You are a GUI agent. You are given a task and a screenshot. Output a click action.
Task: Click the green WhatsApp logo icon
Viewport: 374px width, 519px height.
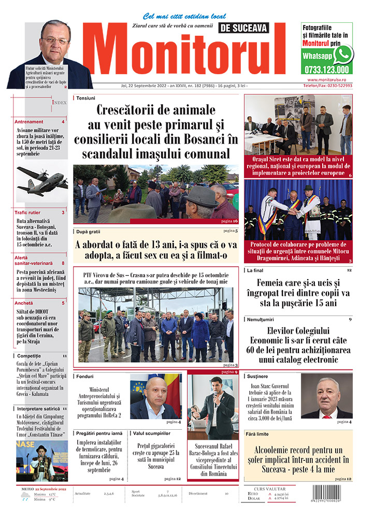pos(343,54)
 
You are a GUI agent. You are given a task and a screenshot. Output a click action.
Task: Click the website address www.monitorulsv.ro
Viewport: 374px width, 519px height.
pos(329,79)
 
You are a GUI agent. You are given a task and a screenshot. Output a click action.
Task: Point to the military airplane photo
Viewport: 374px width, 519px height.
pos(41,180)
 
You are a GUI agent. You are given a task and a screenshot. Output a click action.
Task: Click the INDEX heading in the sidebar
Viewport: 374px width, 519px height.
pos(59,103)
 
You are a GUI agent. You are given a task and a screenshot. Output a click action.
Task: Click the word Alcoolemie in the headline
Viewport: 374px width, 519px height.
pos(278,451)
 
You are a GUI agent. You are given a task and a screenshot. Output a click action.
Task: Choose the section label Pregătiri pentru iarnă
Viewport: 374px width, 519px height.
pos(99,433)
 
